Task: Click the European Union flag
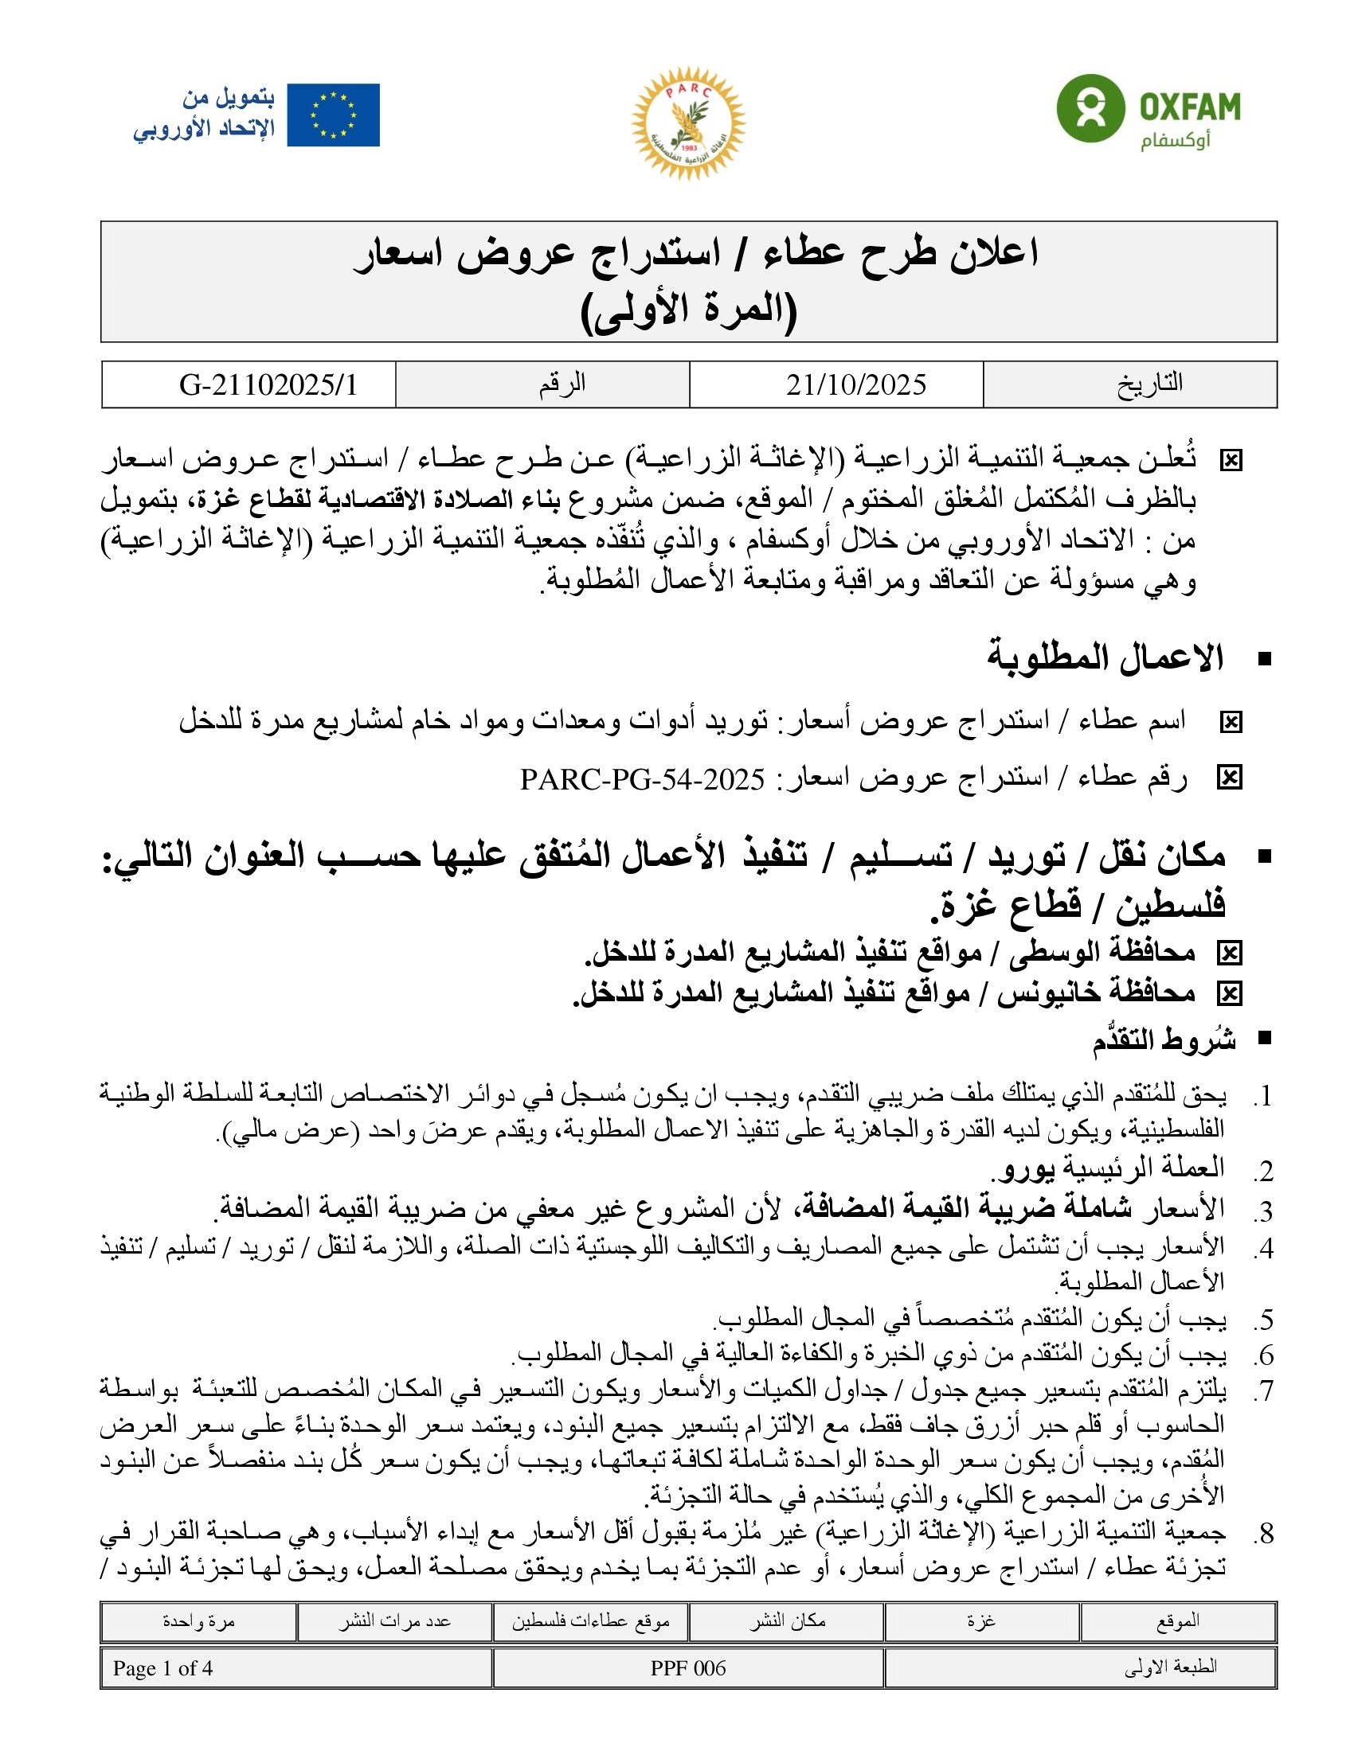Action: click(x=333, y=115)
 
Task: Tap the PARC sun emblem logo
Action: click(x=688, y=123)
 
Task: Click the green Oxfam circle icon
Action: click(x=1090, y=108)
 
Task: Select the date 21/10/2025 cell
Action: click(x=856, y=385)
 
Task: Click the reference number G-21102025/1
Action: click(x=268, y=385)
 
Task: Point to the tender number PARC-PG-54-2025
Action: click(x=643, y=778)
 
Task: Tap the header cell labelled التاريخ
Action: click(x=1149, y=384)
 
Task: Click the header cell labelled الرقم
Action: click(x=562, y=384)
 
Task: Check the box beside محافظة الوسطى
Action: click(x=1229, y=953)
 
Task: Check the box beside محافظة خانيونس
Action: click(x=1229, y=994)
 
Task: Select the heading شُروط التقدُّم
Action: click(x=1163, y=1041)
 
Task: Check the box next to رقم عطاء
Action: click(x=1229, y=778)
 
